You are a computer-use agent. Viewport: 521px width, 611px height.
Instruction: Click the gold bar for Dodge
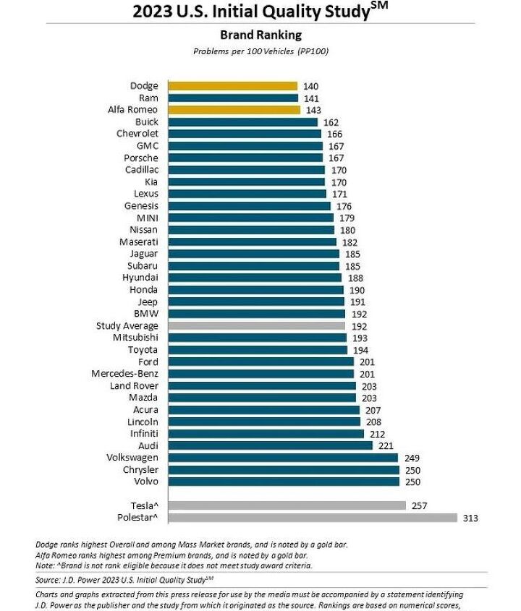coord(233,86)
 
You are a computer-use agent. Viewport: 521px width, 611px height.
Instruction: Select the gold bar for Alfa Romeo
coord(234,110)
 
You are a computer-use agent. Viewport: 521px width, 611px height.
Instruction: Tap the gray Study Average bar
coord(257,326)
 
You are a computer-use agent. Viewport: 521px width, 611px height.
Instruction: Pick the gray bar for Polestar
coord(313,518)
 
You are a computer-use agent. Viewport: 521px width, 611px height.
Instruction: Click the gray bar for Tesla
coord(287,505)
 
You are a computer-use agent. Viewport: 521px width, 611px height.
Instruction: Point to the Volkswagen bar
coord(283,458)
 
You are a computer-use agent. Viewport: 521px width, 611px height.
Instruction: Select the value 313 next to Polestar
coord(471,518)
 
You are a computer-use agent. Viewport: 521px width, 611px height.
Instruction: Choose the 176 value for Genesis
coord(344,206)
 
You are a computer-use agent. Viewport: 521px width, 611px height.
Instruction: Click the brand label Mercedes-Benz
coord(124,374)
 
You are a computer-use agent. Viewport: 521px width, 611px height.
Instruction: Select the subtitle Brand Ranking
coord(260,35)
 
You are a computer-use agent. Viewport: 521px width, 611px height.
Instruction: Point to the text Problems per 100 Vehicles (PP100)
coord(260,51)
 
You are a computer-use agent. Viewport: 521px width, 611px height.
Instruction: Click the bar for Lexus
coord(247,194)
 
